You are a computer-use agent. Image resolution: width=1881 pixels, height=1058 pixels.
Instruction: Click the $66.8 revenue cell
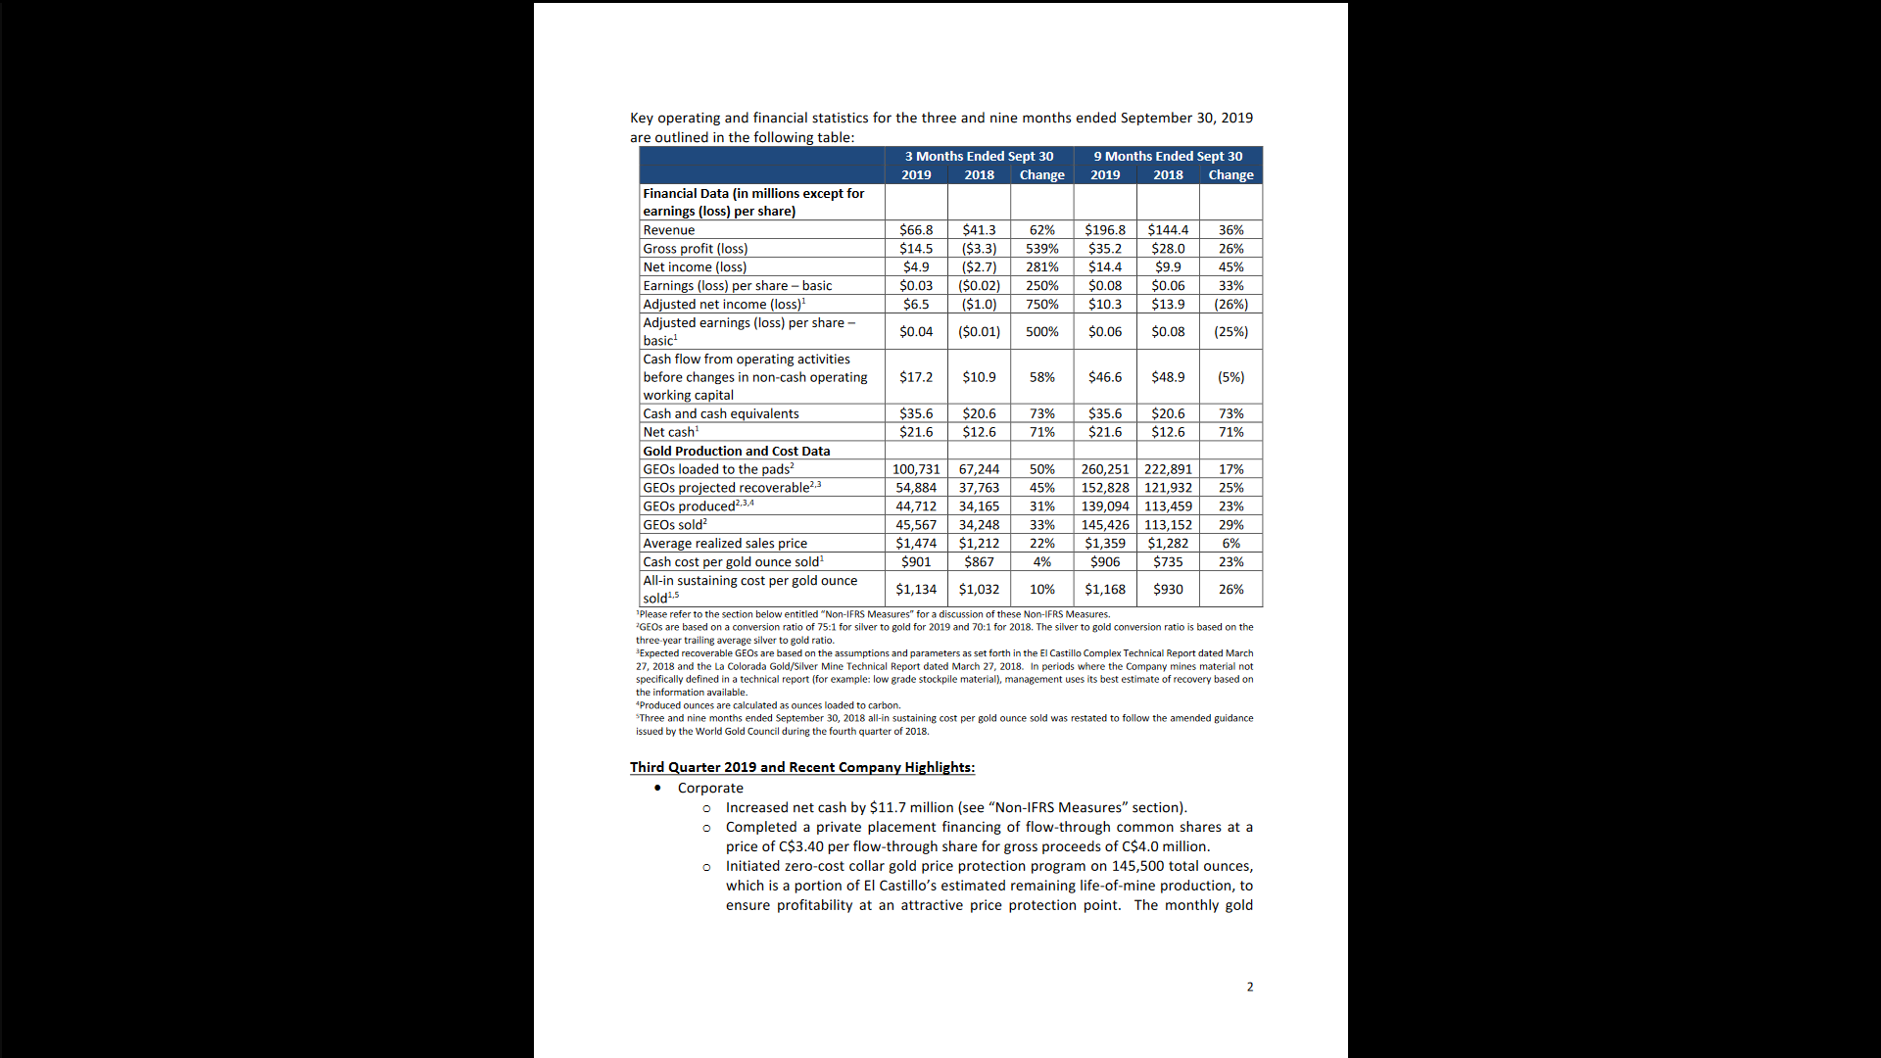pyautogui.click(x=916, y=230)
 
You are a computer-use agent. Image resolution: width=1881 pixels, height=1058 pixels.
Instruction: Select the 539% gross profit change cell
pyautogui.click(x=1041, y=249)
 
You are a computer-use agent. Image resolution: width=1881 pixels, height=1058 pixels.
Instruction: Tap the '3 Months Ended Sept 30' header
pyautogui.click(x=979, y=157)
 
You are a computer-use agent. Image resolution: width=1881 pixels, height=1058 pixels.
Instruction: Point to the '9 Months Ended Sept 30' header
pyautogui.click(x=1168, y=157)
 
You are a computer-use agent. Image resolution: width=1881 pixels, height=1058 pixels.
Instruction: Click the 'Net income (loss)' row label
pyautogui.click(x=695, y=267)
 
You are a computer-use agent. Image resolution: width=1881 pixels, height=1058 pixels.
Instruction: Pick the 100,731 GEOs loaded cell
pyautogui.click(x=916, y=469)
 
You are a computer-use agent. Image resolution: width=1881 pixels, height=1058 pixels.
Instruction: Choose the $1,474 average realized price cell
pyautogui.click(x=916, y=544)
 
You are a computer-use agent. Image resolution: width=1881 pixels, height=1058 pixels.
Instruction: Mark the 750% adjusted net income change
pyautogui.click(x=1041, y=305)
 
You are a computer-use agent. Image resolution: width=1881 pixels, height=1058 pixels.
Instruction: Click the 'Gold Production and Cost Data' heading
pyautogui.click(x=737, y=452)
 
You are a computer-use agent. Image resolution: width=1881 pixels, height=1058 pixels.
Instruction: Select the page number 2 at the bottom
pyautogui.click(x=1250, y=987)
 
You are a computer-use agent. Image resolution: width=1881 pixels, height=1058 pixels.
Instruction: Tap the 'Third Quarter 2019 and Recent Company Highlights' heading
pyautogui.click(x=801, y=768)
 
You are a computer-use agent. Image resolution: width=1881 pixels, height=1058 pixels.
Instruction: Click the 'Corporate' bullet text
pyautogui.click(x=710, y=789)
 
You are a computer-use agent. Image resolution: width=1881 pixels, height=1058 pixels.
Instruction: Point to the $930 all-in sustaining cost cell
pyautogui.click(x=1168, y=590)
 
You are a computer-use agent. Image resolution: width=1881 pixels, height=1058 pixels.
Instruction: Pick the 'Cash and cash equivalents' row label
pyautogui.click(x=721, y=414)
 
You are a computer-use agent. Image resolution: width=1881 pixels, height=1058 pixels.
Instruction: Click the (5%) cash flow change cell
pyautogui.click(x=1230, y=377)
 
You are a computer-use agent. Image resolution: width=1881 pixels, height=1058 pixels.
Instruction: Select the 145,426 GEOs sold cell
pyautogui.click(x=1105, y=525)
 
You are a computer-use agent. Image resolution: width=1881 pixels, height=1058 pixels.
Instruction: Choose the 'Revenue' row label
pyautogui.click(x=669, y=230)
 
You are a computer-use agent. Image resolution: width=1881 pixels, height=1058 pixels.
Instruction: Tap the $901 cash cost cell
pyautogui.click(x=916, y=562)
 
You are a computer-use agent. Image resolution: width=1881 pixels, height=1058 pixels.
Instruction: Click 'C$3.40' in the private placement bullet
pyautogui.click(x=801, y=847)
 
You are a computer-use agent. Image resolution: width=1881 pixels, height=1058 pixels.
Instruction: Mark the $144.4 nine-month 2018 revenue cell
pyautogui.click(x=1168, y=230)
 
